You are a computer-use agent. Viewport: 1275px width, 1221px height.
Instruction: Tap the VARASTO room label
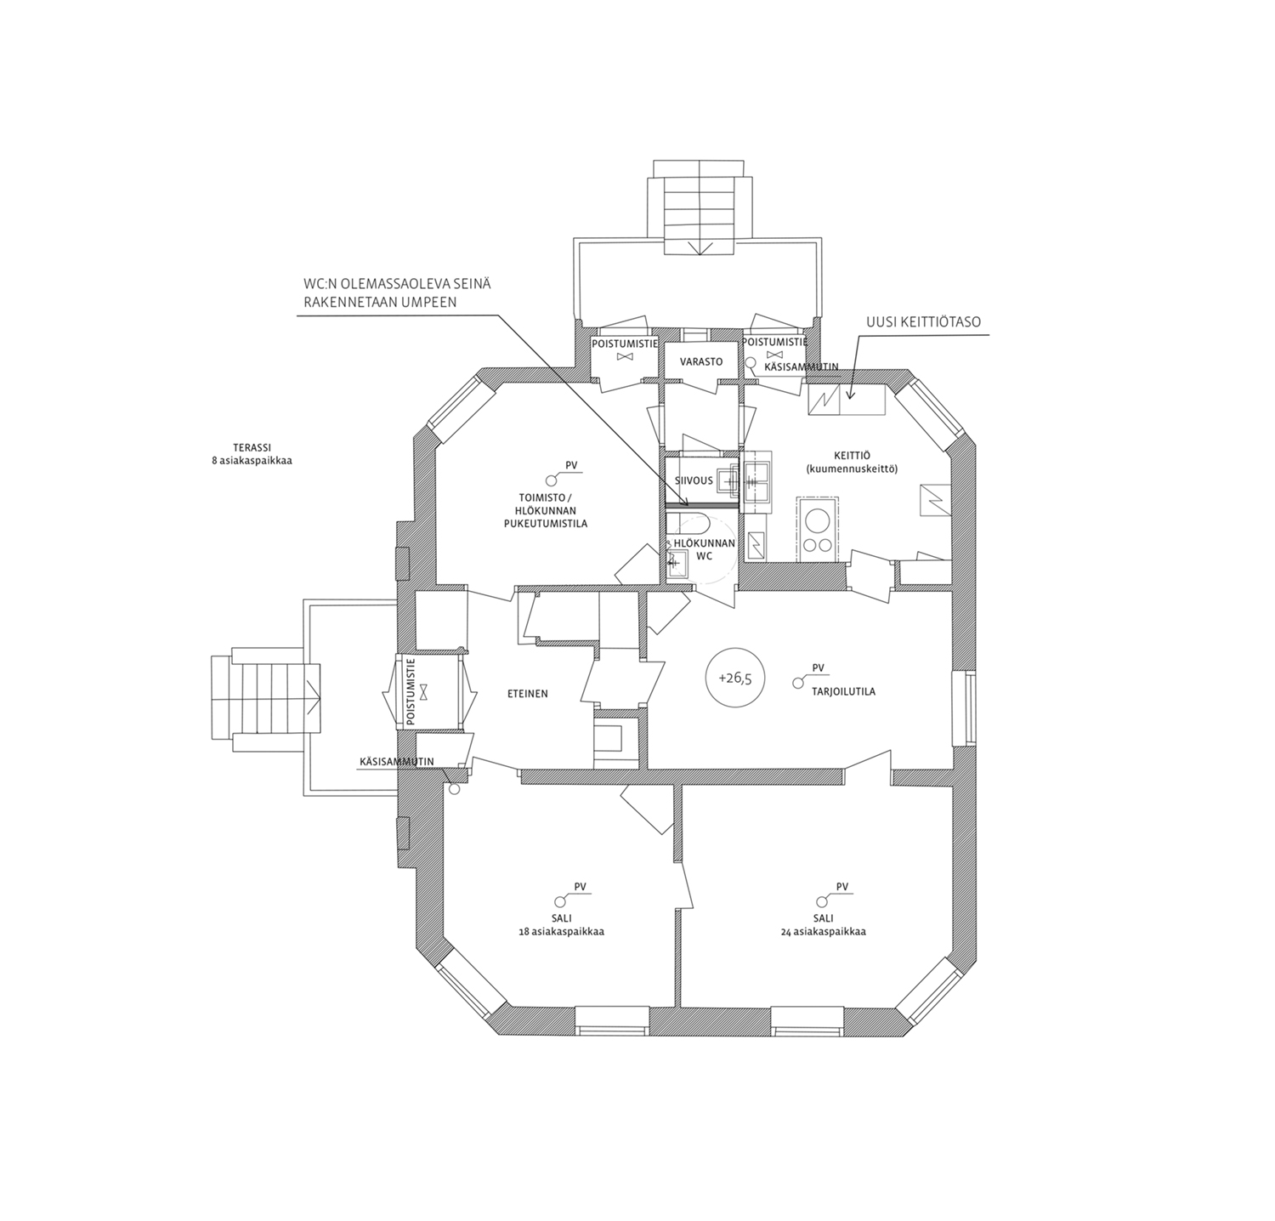pos(701,361)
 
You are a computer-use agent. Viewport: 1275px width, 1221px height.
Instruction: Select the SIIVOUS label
pos(694,480)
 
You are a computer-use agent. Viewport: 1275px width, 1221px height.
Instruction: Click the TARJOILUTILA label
pos(843,691)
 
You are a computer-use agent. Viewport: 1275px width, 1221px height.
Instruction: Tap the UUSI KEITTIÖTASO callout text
pos(923,322)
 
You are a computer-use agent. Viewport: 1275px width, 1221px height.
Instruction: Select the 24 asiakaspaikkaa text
pos(823,932)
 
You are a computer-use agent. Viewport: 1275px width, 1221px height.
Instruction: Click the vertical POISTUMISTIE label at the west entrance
pos(411,692)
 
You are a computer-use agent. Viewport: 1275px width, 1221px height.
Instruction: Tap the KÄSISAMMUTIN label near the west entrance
pos(397,762)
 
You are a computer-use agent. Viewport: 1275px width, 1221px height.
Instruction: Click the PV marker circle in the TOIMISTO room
pos(550,480)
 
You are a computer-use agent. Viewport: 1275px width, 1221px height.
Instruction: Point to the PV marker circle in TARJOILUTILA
pos(797,682)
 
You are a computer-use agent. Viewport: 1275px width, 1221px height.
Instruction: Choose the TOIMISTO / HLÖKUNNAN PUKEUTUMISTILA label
pos(545,511)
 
